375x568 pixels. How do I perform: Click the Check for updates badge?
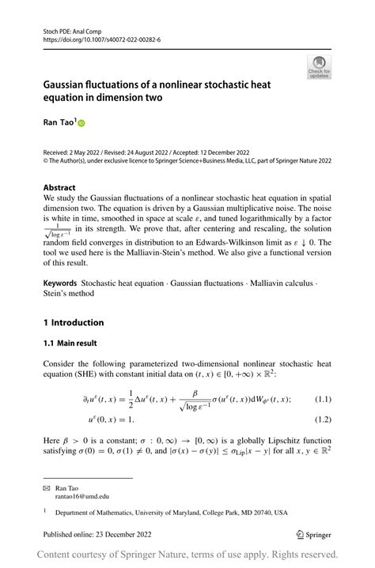pyautogui.click(x=319, y=66)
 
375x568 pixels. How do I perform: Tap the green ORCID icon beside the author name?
pyautogui.click(x=80, y=124)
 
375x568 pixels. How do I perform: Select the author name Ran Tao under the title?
pyautogui.click(x=58, y=124)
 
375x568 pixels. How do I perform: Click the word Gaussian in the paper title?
pyautogui.click(x=70, y=84)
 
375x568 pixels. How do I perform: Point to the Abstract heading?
pyautogui.click(x=60, y=188)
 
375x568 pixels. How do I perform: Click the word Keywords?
pyautogui.click(x=60, y=282)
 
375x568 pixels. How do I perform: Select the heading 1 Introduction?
pyautogui.click(x=74, y=322)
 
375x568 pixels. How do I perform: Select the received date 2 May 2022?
pyautogui.click(x=88, y=152)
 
